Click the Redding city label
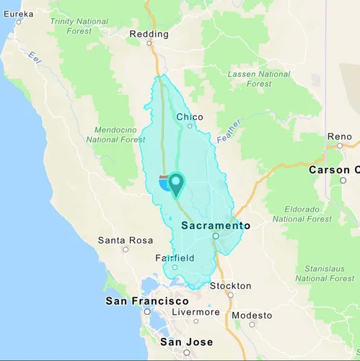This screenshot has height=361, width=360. click(149, 34)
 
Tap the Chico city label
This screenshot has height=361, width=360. click(190, 117)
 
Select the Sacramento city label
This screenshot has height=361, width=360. click(215, 225)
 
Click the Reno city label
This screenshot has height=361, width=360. click(339, 136)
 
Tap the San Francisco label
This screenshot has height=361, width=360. click(147, 301)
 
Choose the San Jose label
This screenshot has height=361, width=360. click(186, 342)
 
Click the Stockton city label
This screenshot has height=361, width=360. click(230, 286)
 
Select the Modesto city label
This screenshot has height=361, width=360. click(252, 316)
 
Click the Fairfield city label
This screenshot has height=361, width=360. click(175, 258)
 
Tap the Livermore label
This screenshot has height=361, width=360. click(196, 312)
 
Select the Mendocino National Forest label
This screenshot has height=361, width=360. click(115, 134)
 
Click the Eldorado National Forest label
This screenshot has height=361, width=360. click(302, 214)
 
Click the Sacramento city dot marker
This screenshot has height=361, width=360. click(215, 236)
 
